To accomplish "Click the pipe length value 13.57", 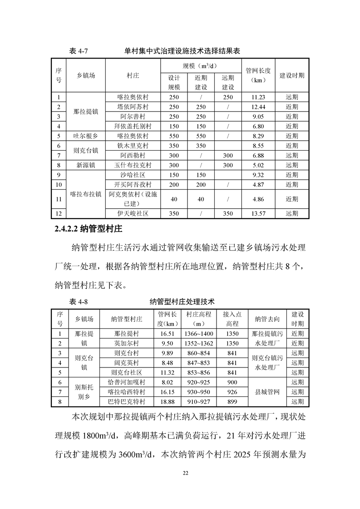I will tap(257, 213).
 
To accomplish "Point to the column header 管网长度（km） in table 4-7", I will tap(257, 75).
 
